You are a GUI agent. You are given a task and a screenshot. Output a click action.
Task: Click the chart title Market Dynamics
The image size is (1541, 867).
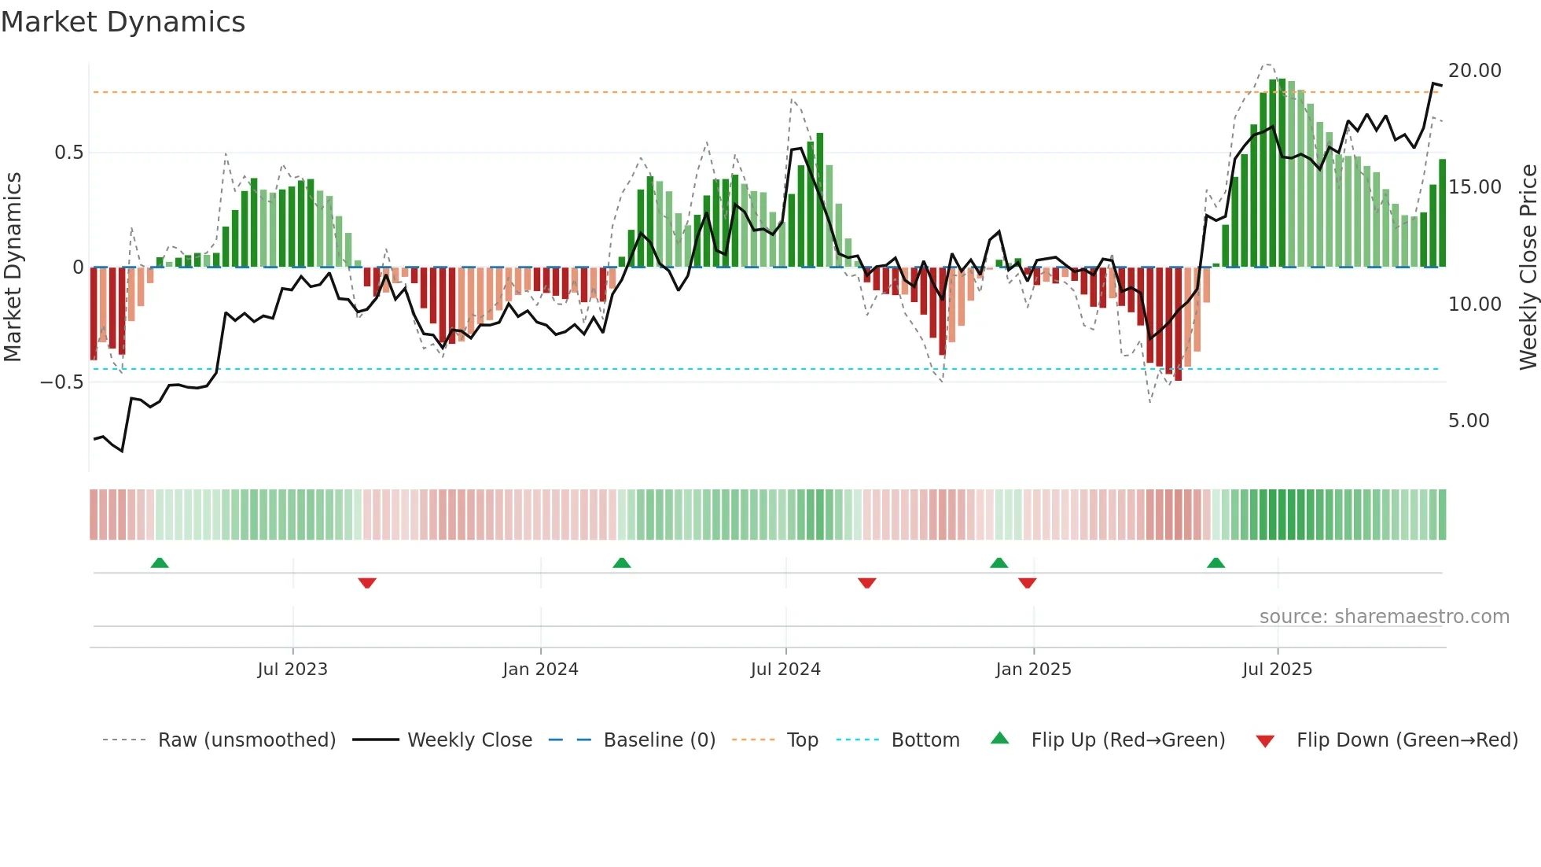pyautogui.click(x=123, y=22)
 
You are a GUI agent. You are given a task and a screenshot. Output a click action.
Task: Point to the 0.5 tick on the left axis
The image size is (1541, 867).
pyautogui.click(x=68, y=153)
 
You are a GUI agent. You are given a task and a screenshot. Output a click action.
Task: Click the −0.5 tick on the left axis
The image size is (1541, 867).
pyautogui.click(x=61, y=382)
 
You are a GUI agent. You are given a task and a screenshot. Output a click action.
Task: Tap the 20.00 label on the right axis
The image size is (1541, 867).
pyautogui.click(x=1474, y=71)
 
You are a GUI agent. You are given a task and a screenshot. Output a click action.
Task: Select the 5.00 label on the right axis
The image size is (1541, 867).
pyautogui.click(x=1468, y=421)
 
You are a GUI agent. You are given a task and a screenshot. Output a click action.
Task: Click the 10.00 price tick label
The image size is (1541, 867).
pyautogui.click(x=1474, y=304)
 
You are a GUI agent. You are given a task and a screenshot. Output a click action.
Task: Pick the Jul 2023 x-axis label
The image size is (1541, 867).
pyautogui.click(x=292, y=670)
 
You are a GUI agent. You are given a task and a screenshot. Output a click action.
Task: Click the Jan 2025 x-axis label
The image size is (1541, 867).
pyautogui.click(x=1033, y=670)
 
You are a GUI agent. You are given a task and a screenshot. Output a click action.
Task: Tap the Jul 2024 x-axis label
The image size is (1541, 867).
pyautogui.click(x=785, y=670)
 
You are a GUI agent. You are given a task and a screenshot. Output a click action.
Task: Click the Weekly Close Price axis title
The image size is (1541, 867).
pyautogui.click(x=1528, y=267)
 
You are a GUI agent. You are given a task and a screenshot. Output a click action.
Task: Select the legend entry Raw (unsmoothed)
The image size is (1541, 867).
pyautogui.click(x=246, y=740)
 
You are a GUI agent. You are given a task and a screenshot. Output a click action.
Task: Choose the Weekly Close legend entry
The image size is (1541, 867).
pyautogui.click(x=469, y=740)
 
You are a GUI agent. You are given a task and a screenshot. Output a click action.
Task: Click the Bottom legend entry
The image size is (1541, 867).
pyautogui.click(x=925, y=740)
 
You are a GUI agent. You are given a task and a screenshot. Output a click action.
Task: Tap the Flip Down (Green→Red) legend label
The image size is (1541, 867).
pyautogui.click(x=1407, y=740)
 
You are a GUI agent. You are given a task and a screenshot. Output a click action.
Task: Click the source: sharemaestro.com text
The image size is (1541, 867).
pyautogui.click(x=1384, y=617)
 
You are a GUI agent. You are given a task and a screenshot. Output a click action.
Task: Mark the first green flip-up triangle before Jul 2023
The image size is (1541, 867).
pyautogui.click(x=160, y=563)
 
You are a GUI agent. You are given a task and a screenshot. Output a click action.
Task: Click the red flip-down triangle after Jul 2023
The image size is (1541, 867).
pyautogui.click(x=367, y=583)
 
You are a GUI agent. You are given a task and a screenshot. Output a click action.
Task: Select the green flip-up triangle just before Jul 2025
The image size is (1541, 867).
pyautogui.click(x=1216, y=563)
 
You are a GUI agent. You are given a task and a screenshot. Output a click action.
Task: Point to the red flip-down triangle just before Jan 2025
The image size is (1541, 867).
pyautogui.click(x=1027, y=583)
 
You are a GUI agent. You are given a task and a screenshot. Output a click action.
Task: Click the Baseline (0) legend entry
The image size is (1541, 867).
pyautogui.click(x=659, y=740)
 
